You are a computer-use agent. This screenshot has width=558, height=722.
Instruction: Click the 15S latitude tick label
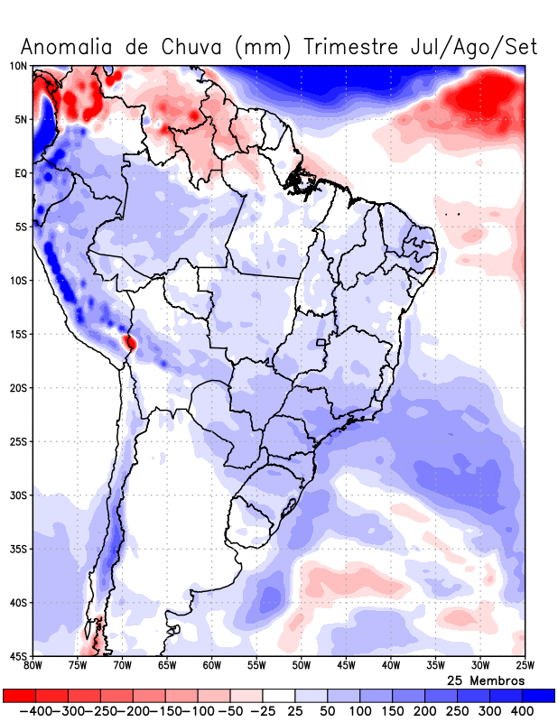click(18, 334)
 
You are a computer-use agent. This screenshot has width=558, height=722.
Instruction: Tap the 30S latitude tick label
click(18, 495)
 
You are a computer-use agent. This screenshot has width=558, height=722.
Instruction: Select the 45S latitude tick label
click(18, 656)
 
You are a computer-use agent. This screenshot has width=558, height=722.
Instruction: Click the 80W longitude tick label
click(33, 665)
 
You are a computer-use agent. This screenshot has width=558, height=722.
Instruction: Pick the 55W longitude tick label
click(256, 665)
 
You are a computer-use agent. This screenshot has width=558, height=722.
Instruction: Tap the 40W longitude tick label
click(390, 665)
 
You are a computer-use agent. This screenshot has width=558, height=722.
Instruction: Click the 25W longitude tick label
click(524, 665)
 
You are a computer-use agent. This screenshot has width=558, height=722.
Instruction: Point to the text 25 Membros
click(485, 680)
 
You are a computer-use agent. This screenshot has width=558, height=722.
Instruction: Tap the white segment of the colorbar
click(279, 696)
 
